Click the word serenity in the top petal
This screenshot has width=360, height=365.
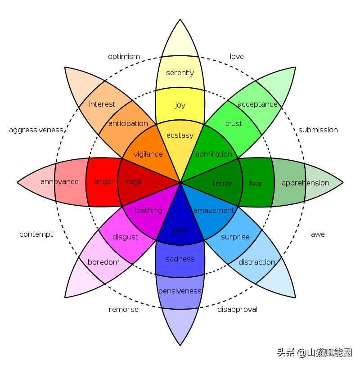[180, 72]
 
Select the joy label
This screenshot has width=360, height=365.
[180, 105]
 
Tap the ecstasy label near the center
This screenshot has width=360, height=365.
[180, 135]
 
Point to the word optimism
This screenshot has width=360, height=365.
[124, 57]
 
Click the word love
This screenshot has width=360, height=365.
[237, 57]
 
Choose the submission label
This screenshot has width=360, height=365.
[318, 130]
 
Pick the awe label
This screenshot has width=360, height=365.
[318, 234]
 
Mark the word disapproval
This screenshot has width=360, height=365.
[237, 310]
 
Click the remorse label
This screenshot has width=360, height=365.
[124, 310]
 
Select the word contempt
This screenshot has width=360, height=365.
[36, 234]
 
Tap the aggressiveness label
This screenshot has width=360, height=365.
[36, 130]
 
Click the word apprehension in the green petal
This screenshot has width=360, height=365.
[305, 183]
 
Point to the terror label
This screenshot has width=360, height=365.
[223, 184]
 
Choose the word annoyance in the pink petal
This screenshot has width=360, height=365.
[59, 182]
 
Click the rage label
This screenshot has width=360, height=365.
[134, 182]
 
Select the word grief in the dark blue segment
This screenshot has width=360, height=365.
[180, 231]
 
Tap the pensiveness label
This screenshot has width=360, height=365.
[180, 291]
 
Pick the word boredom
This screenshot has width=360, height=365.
[103, 262]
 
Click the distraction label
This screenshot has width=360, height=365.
[256, 262]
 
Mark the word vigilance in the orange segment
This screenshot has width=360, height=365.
[148, 154]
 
